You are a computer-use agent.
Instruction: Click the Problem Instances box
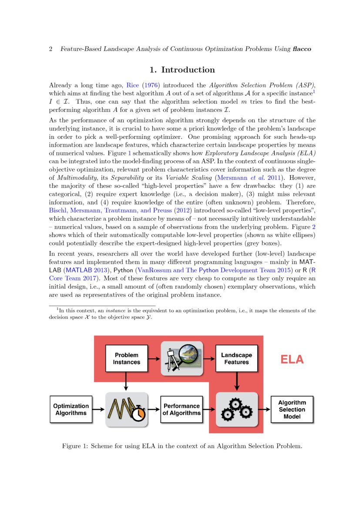coord(126,358)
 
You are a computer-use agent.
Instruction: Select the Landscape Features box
coord(236,358)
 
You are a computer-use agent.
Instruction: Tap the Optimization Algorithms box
coord(71,409)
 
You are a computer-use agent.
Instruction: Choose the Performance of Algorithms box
coord(182,409)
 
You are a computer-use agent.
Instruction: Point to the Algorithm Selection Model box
coord(292,409)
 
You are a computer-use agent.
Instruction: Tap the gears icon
coord(236,410)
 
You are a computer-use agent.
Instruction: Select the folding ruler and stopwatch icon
coord(126,410)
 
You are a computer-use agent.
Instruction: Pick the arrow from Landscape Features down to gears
coord(236,381)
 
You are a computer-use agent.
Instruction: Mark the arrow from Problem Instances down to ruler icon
coord(126,381)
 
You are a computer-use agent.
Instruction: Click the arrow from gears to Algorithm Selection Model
coord(264,410)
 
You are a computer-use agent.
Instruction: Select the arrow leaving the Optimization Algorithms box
coord(99,410)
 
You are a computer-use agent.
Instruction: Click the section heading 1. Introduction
coord(182,70)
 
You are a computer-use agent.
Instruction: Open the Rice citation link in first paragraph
coord(132,85)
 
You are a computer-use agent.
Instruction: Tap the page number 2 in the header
coord(51,49)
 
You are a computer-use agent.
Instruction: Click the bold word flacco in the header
coord(302,49)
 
